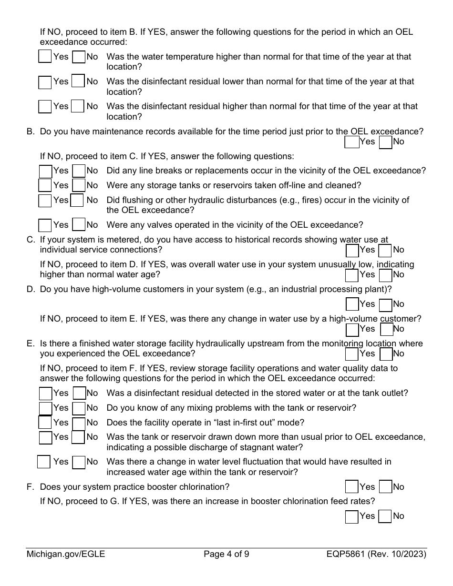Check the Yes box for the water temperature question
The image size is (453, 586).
click(x=45, y=57)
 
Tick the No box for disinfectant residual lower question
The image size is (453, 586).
click(x=78, y=81)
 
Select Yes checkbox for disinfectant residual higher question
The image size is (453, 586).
click(x=45, y=106)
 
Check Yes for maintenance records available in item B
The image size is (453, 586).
click(x=351, y=141)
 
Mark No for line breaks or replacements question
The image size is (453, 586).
click(x=79, y=171)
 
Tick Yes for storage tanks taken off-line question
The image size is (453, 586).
click(x=45, y=185)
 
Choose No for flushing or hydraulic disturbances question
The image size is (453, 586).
click(x=77, y=201)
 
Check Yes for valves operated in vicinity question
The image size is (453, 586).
click(x=45, y=225)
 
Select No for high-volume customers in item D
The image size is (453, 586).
click(x=385, y=304)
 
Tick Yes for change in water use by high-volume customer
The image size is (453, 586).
click(x=352, y=329)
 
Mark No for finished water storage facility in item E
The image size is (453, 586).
click(x=386, y=354)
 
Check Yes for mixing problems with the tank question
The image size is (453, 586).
click(x=45, y=408)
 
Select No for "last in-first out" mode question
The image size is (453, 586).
click(x=79, y=423)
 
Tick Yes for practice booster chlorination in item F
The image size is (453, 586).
click(x=351, y=487)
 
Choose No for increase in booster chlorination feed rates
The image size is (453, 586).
click(x=385, y=516)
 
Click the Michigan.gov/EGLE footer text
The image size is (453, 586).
click(x=66, y=554)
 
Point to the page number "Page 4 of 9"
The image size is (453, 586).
click(x=226, y=554)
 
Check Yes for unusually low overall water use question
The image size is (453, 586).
click(x=352, y=275)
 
